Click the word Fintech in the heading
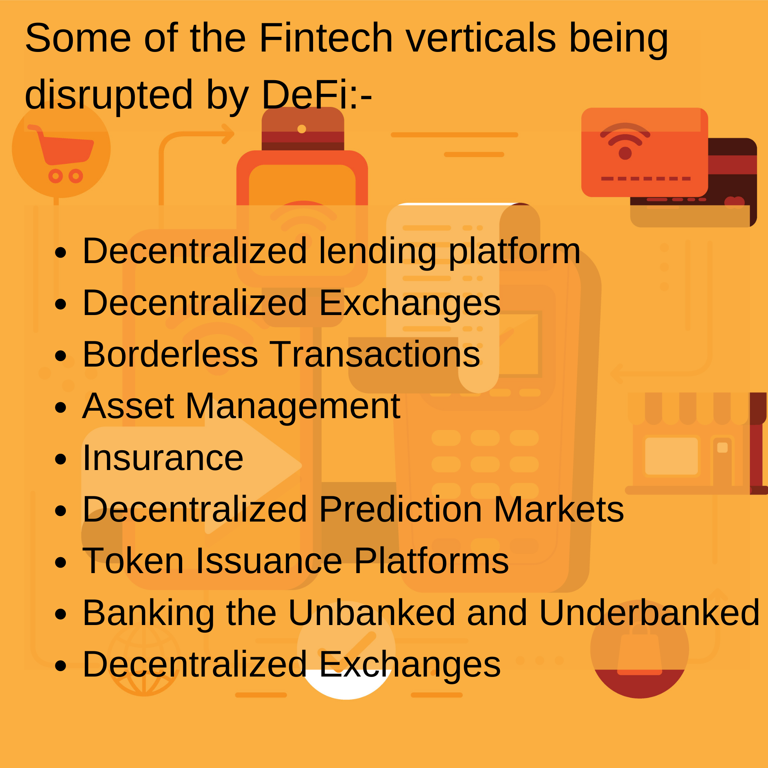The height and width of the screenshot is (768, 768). click(x=326, y=38)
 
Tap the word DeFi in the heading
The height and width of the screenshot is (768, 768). click(x=305, y=94)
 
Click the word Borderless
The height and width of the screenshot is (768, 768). click(x=170, y=354)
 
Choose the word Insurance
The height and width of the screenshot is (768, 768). click(x=163, y=458)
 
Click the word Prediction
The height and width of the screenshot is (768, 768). click(x=400, y=510)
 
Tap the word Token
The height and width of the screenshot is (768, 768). click(x=133, y=561)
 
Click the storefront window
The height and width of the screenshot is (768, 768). click(x=672, y=456)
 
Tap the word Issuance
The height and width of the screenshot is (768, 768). click(x=269, y=561)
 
